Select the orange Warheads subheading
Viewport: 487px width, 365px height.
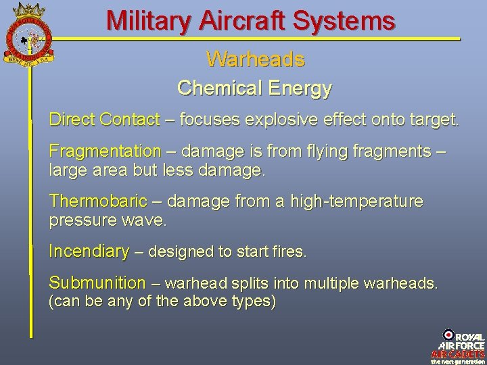(255, 59)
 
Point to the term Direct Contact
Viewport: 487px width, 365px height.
(104, 120)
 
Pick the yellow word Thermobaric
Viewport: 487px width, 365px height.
(98, 201)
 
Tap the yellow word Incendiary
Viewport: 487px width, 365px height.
(89, 252)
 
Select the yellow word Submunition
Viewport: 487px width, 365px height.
(97, 283)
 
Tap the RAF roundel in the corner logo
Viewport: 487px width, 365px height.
(448, 335)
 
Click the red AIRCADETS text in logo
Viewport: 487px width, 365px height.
(458, 354)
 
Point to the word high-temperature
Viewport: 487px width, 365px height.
(356, 201)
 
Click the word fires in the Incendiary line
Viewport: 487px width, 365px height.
(291, 253)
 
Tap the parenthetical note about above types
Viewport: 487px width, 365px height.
(162, 301)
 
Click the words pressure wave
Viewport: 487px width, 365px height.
(108, 220)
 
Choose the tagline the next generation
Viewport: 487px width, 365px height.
(458, 361)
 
